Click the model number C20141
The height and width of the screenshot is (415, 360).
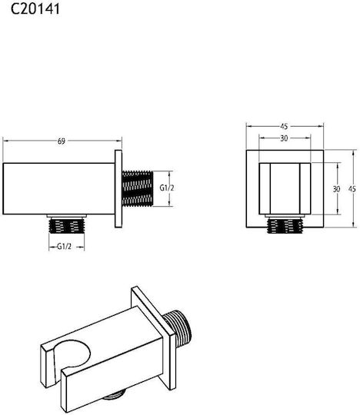35,8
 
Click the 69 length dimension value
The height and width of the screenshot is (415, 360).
62,141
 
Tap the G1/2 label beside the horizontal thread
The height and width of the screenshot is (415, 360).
167,188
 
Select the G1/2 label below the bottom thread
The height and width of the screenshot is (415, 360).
65,247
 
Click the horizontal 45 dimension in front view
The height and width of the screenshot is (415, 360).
284,127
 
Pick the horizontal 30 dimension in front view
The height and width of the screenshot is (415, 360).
284,138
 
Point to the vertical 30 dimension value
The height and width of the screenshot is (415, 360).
336,189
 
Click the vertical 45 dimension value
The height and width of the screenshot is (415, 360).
352,189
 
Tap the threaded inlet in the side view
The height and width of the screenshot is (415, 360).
138,189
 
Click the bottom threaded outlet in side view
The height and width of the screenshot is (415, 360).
67,225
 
